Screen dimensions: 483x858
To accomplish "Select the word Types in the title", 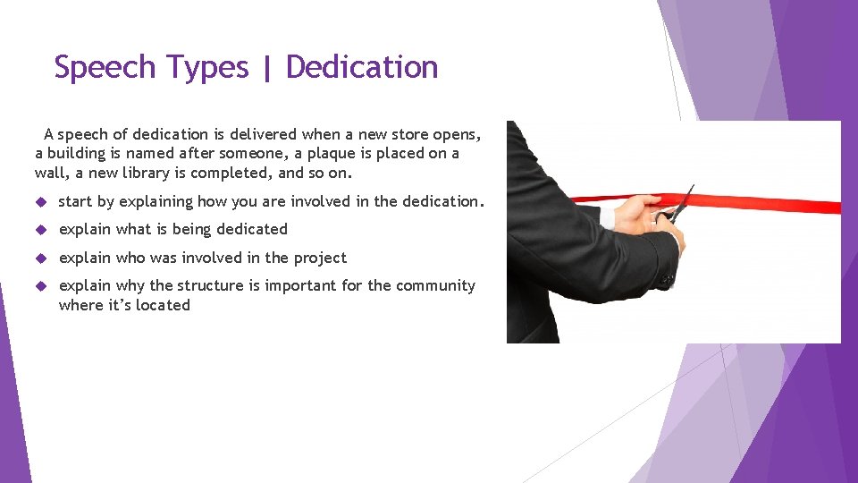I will (205, 68).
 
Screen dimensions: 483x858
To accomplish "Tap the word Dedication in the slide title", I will (362, 68).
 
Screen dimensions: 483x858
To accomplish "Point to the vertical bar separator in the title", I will (267, 69).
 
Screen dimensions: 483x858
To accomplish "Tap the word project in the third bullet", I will (319, 258).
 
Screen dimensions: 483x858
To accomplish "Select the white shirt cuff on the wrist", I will (608, 217).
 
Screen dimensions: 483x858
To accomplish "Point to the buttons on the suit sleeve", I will (667, 279).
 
